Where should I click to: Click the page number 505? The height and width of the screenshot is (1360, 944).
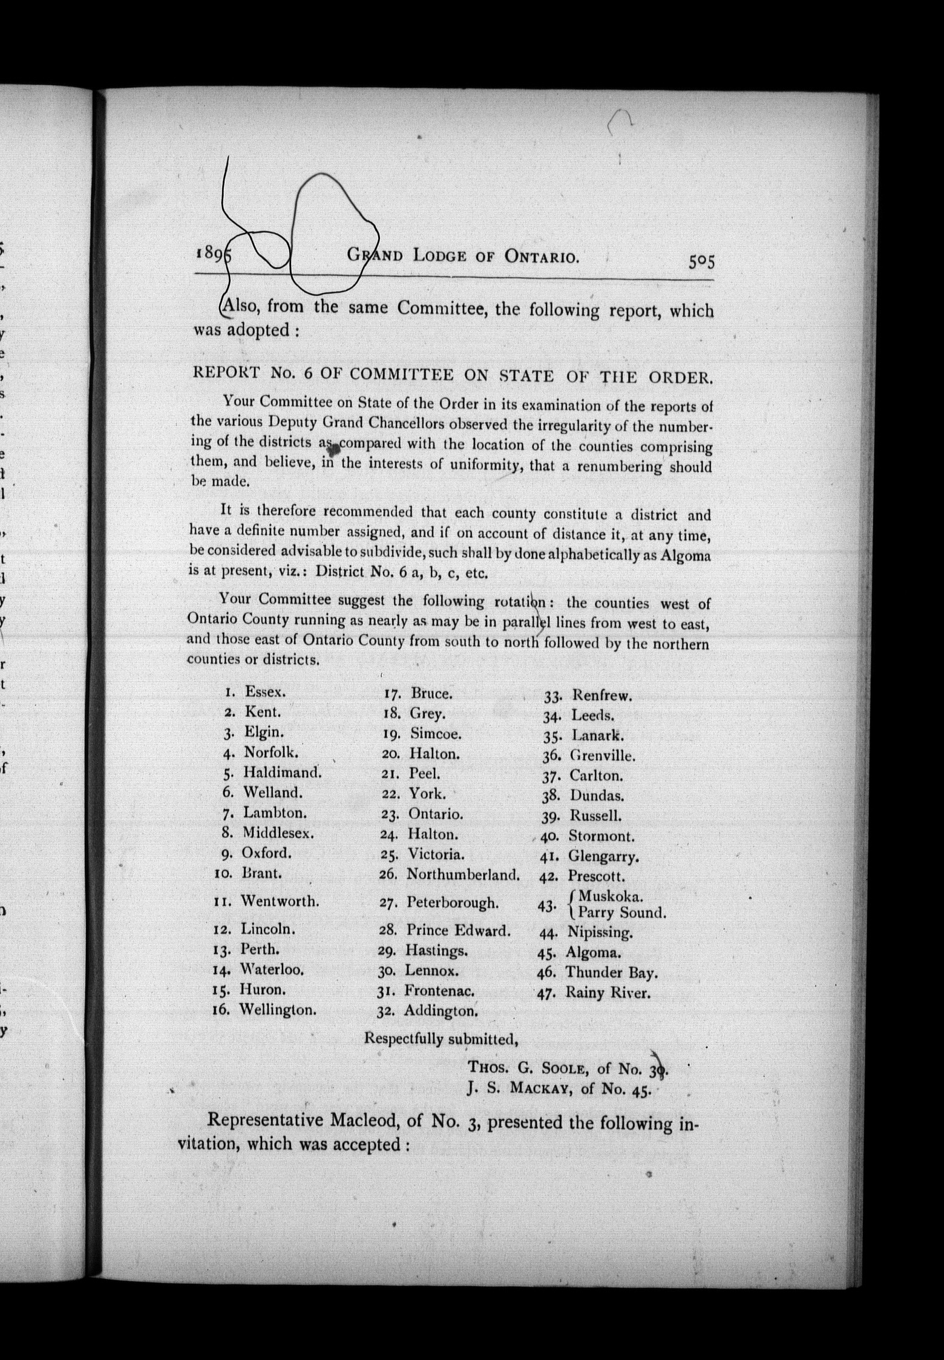(701, 261)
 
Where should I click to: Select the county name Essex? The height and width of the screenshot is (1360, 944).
(265, 691)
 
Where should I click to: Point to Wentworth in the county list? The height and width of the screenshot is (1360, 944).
(280, 901)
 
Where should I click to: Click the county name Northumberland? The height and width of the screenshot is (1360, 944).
(463, 874)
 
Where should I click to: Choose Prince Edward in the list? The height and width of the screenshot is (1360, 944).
(458, 930)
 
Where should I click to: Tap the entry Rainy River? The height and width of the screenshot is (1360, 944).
(608, 993)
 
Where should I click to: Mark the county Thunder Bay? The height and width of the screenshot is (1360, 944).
(611, 972)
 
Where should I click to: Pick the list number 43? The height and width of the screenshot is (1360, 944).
(546, 906)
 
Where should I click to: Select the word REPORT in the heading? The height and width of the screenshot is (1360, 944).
(226, 373)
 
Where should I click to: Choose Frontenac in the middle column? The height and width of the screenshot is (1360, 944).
(439, 990)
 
